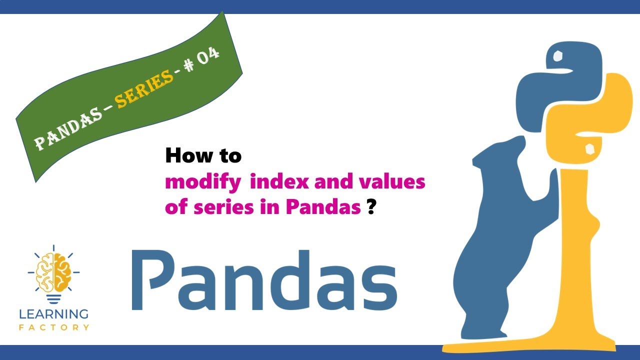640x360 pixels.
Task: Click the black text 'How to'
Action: click(203, 156)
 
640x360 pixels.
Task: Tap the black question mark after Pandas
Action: click(371, 207)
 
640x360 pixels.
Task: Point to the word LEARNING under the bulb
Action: click(53, 314)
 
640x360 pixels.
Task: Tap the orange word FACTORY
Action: click(53, 327)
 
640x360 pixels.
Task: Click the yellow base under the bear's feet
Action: click(530, 347)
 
